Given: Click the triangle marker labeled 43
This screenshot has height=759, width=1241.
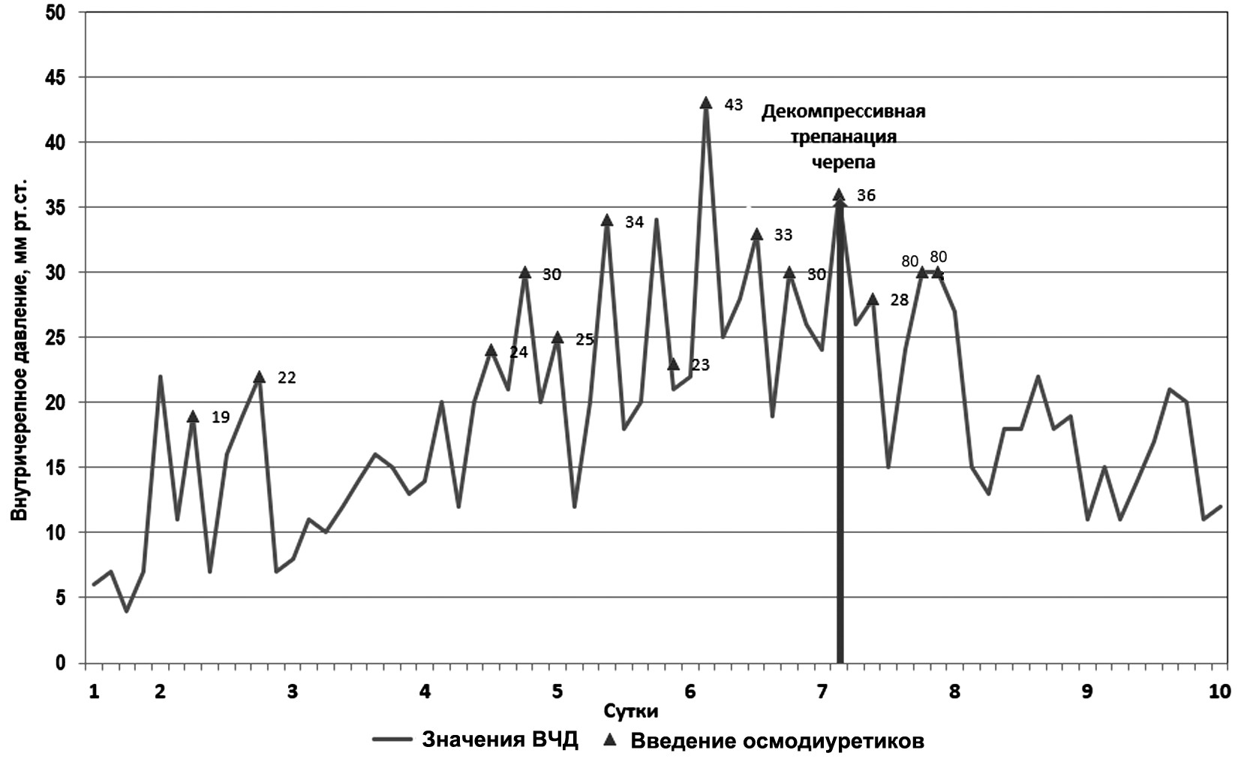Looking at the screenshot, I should [x=705, y=103].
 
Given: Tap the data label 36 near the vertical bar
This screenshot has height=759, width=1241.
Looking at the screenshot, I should [x=866, y=195].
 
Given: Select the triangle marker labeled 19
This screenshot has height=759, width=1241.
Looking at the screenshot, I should [x=193, y=417].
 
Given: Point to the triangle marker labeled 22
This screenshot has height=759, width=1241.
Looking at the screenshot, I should [x=259, y=377].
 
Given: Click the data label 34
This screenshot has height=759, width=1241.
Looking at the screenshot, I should [x=634, y=221].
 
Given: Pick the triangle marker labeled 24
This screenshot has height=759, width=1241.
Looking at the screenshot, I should [x=491, y=351].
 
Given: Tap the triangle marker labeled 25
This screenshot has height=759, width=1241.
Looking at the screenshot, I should [x=557, y=338].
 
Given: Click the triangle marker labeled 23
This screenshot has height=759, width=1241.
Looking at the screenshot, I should [x=673, y=364].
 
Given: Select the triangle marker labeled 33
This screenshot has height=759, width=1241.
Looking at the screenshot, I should [x=756, y=234].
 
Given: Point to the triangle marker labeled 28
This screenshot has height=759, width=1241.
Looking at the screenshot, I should [x=873, y=299].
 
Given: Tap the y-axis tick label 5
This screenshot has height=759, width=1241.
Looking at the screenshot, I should [x=60, y=598].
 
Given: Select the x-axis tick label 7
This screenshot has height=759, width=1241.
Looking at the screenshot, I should [x=822, y=691].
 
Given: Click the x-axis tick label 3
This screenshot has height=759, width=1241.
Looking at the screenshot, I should [x=293, y=691].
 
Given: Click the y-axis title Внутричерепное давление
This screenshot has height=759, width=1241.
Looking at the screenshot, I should [x=20, y=348].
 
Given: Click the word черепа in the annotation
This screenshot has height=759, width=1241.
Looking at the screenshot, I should [x=843, y=162].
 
